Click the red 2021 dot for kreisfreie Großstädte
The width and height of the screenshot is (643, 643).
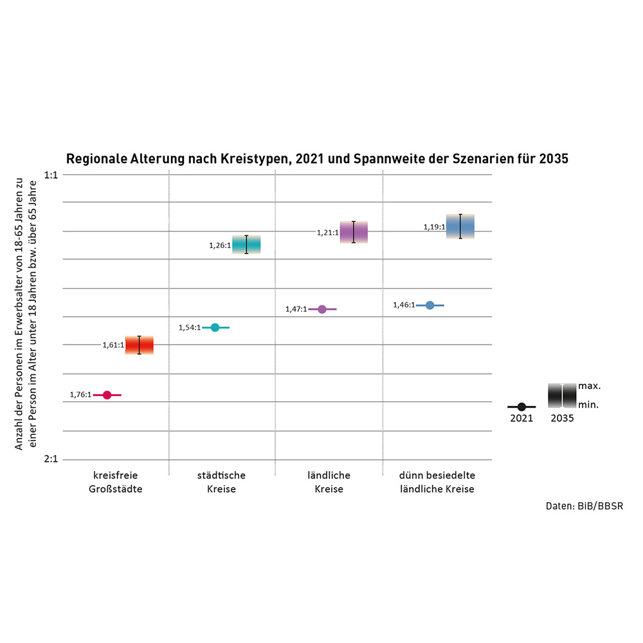[107, 395]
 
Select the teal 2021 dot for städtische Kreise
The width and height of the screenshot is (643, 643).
[215, 327]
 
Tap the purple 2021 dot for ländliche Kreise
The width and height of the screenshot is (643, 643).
[323, 309]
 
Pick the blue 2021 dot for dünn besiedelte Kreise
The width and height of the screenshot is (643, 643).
[430, 305]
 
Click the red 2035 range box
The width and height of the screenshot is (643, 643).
[139, 345]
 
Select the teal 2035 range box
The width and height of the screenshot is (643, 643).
[246, 244]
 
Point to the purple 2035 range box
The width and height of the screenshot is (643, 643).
[354, 232]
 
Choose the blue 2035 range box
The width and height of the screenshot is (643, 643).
[460, 226]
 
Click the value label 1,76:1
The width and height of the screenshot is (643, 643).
[81, 395]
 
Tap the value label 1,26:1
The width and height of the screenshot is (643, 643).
[220, 245]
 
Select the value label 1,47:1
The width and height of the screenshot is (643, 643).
[296, 309]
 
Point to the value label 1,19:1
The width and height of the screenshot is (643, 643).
[435, 227]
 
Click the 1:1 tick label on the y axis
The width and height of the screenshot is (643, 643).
[51, 174]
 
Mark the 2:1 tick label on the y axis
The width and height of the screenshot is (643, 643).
[51, 459]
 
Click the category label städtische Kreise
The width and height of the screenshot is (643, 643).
[222, 482]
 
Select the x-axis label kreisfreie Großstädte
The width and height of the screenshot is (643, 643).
[116, 482]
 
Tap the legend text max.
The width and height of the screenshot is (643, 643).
[590, 386]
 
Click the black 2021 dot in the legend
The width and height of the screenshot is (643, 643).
[521, 407]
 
